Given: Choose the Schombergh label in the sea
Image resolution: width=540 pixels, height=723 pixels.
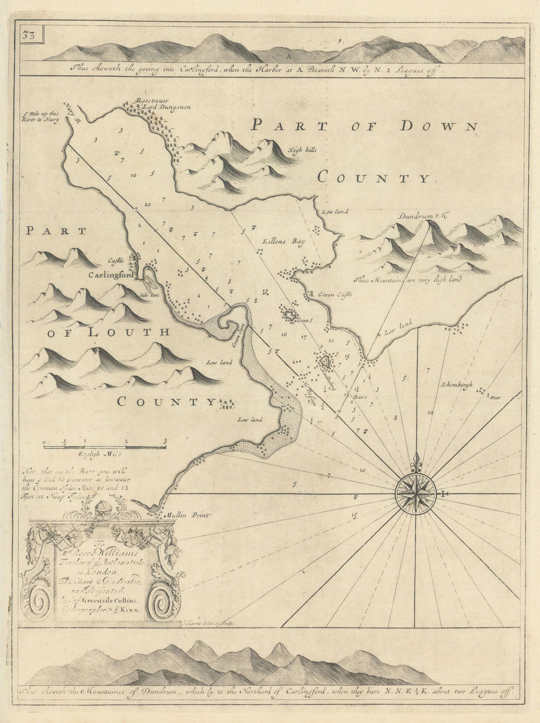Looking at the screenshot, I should coord(456,385).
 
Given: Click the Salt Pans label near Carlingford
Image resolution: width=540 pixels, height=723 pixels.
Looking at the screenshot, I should coord(147,295).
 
